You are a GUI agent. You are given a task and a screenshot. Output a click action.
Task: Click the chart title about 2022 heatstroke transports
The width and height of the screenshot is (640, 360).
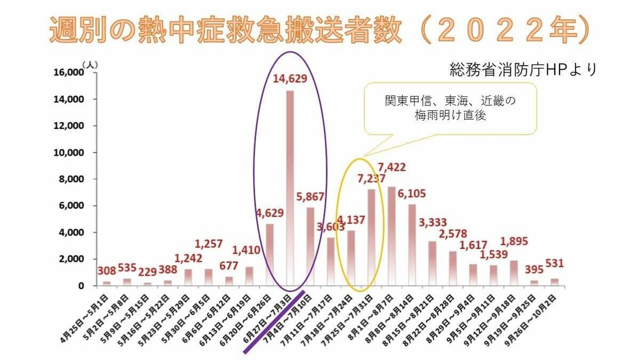point(320,29)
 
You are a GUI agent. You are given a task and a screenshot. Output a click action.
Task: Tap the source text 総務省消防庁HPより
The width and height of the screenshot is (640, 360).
point(523,70)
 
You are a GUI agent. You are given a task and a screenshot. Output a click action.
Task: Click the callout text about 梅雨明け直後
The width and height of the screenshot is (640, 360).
point(450,108)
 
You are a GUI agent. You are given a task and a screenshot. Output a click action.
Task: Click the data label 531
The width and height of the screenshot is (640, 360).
point(555,263)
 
